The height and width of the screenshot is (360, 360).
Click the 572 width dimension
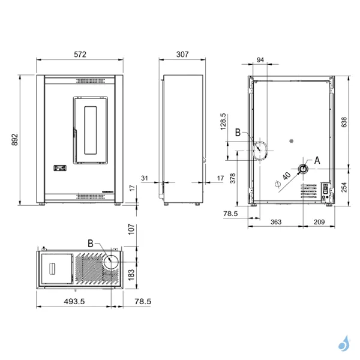tap(80, 55)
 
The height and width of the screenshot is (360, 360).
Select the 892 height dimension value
tap(16, 140)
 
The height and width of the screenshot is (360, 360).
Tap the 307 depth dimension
tap(183, 55)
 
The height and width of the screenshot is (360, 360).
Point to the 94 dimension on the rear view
tap(260, 59)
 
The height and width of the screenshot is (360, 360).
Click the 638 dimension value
tap(344, 122)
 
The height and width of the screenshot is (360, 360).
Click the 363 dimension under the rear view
tap(276, 222)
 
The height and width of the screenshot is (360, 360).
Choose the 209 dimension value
tap(319, 222)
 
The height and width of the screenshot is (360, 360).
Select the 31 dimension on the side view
tap(144, 178)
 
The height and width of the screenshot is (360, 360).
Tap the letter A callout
tap(317, 160)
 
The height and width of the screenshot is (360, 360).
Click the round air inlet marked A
tap(304, 169)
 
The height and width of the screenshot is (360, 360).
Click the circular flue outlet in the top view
tap(112, 261)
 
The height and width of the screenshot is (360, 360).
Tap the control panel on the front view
tap(59, 169)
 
